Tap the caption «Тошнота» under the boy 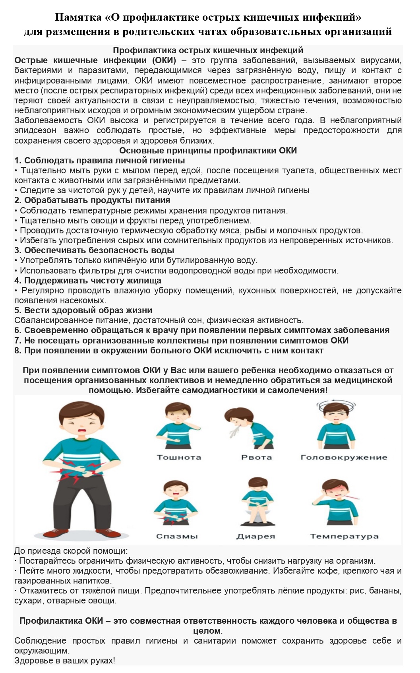[179, 457]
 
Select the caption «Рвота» [257, 457]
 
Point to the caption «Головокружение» [344, 457]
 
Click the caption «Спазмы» [177, 536]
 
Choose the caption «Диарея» [255, 536]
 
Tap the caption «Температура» [344, 536]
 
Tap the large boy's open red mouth [82, 431]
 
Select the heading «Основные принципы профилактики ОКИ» [208, 150]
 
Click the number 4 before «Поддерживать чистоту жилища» [17, 281]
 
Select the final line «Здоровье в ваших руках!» [65, 660]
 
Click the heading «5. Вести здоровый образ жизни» [83, 310]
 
